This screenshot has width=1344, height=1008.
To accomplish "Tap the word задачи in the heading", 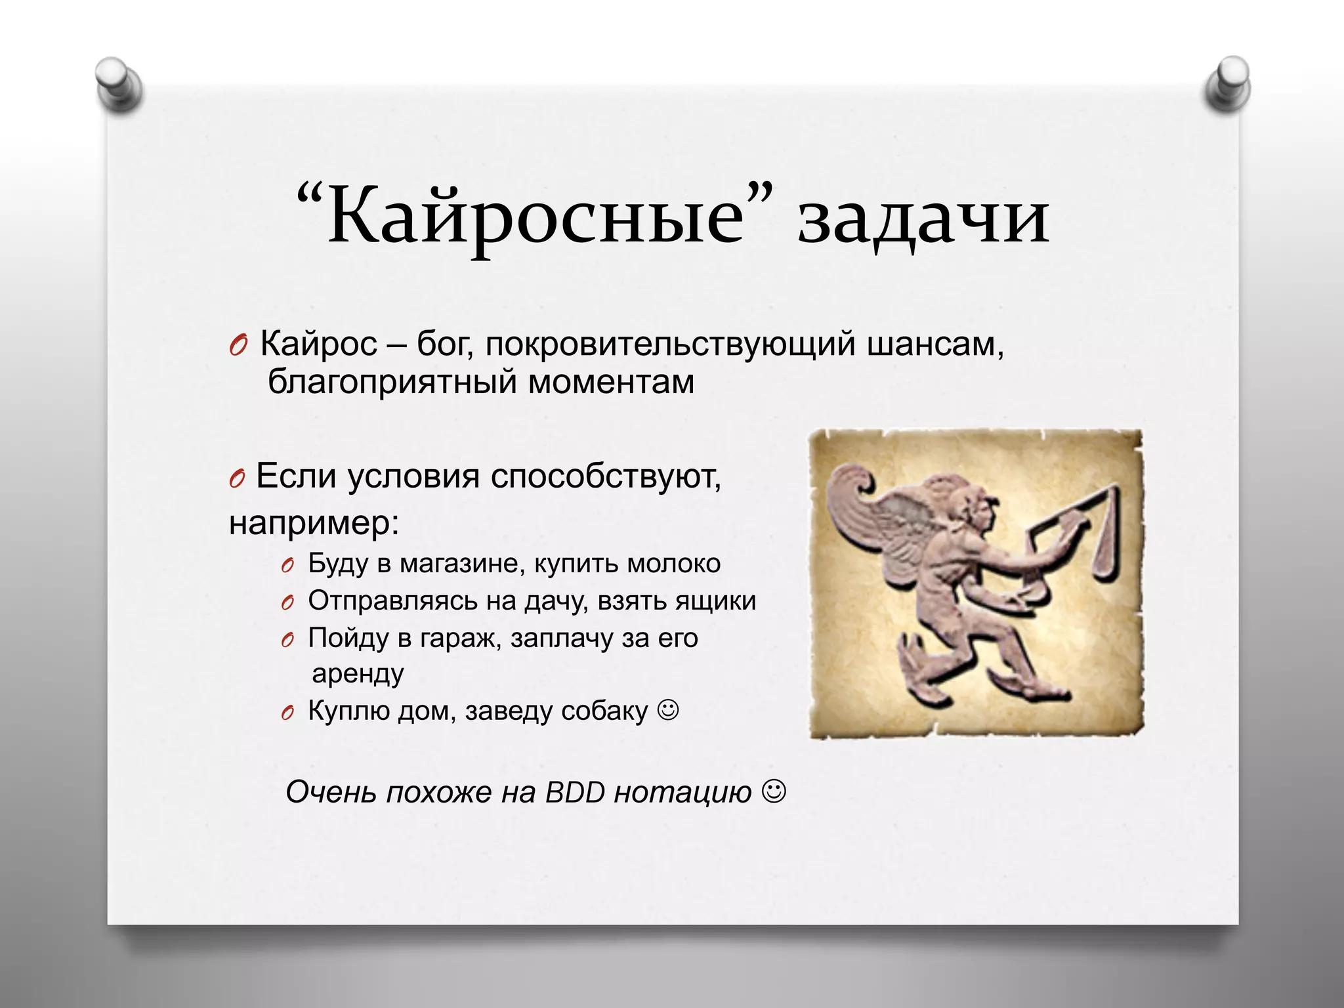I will click(923, 217).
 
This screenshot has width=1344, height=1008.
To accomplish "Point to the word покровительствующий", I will click(670, 345).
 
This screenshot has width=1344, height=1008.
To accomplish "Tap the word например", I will click(314, 523).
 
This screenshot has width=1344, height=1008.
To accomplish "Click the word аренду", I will click(358, 674).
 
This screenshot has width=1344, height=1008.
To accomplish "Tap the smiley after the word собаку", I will click(668, 709).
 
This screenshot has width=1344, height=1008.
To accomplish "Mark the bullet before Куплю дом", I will click(286, 713).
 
